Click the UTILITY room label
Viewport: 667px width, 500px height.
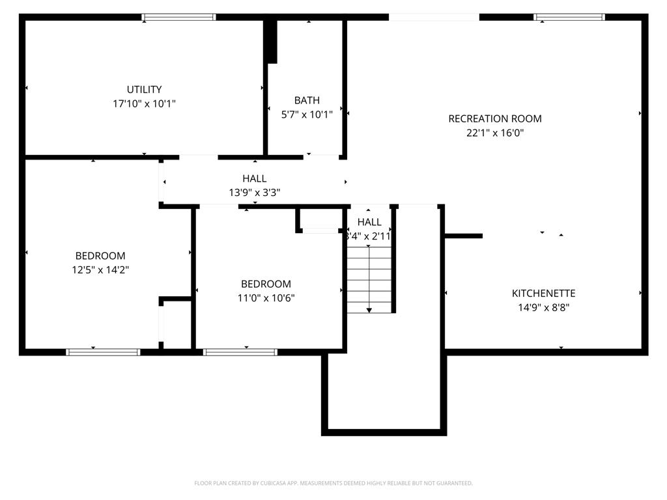click(x=144, y=89)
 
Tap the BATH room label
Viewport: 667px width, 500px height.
click(x=307, y=100)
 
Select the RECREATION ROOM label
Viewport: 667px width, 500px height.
click(x=495, y=118)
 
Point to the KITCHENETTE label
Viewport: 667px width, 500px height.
click(x=543, y=294)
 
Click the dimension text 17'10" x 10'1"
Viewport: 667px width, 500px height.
click(x=144, y=104)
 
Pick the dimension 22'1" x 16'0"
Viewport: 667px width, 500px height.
click(x=495, y=133)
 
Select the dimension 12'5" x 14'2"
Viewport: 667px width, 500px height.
click(x=100, y=270)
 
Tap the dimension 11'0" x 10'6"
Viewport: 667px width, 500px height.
click(x=266, y=298)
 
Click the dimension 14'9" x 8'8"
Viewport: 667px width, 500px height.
click(x=543, y=308)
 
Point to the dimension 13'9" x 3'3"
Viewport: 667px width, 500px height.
click(x=254, y=192)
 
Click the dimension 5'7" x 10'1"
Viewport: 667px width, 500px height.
click(x=307, y=115)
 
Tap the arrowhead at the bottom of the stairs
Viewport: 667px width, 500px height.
click(x=369, y=310)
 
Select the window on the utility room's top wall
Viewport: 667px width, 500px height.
click(x=178, y=18)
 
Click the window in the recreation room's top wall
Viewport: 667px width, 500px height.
click(x=569, y=18)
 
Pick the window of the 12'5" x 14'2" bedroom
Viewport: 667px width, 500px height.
click(x=103, y=352)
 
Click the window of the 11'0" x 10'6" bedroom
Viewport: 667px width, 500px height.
click(x=240, y=352)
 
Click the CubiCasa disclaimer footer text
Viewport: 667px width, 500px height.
click(x=333, y=483)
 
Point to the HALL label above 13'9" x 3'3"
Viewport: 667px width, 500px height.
click(x=254, y=178)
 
